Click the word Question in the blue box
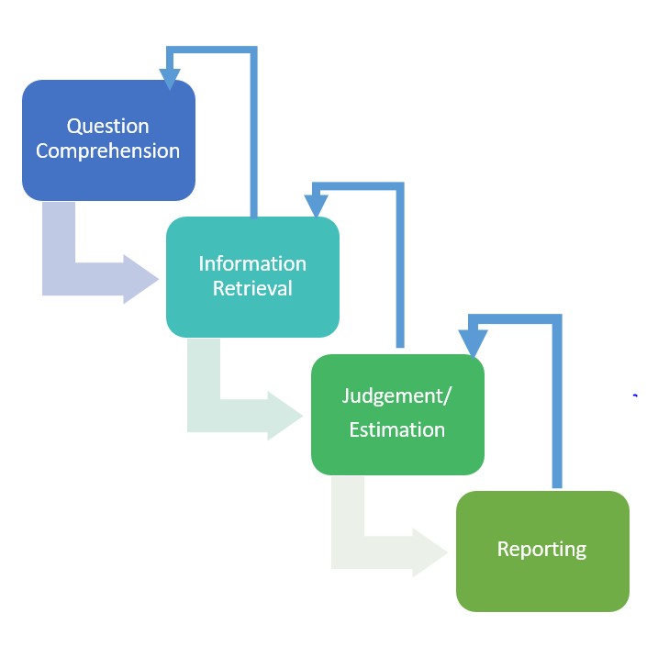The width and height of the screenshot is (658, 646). [108, 127]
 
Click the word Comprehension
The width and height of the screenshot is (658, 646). [108, 151]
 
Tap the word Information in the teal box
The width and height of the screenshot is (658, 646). [252, 264]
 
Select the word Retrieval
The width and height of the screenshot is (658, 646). [252, 288]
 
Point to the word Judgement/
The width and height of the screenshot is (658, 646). [396, 396]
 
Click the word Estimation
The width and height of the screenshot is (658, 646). [397, 430]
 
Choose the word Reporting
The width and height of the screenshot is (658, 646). [541, 550]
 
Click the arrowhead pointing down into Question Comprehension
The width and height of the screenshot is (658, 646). [170, 79]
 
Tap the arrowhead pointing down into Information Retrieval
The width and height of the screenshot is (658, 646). [316, 206]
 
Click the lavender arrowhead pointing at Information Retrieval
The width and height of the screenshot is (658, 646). [140, 279]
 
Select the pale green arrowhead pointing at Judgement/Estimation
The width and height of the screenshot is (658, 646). [284, 416]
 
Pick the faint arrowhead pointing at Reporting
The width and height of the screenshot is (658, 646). [429, 552]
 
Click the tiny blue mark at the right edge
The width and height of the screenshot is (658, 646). [635, 395]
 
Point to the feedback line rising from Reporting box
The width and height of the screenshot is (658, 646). [557, 403]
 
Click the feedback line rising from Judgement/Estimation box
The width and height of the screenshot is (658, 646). [400, 264]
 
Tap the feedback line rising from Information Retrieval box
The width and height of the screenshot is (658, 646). [253, 132]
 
